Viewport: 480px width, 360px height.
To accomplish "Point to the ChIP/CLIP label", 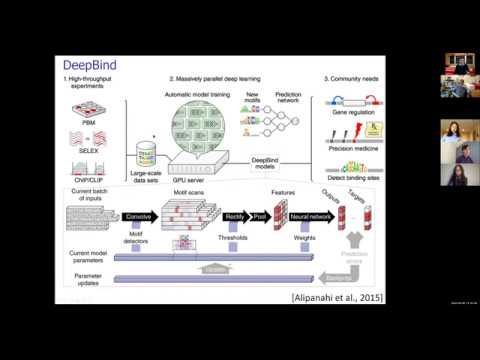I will coord(91,177).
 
